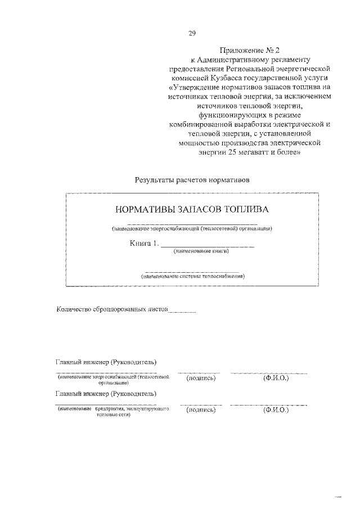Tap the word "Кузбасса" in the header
point(229,78)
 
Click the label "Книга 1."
point(144,244)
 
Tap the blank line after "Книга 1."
point(208,245)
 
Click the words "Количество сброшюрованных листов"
point(112,309)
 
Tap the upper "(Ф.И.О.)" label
point(276,378)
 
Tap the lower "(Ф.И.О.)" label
point(276,411)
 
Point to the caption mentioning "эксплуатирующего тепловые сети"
point(113,412)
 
